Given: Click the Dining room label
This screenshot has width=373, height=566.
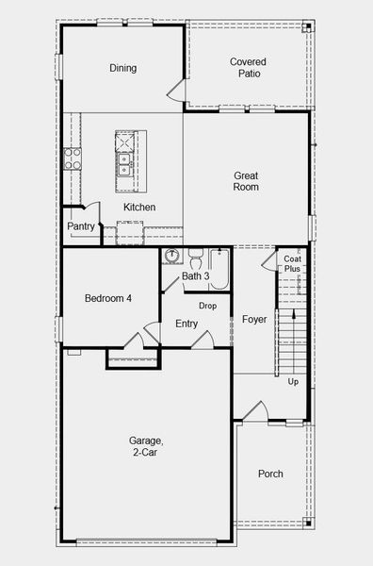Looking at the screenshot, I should coord(122,68).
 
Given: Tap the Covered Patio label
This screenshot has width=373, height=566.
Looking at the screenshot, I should coord(249,68).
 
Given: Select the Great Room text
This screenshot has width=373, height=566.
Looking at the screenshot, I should coord(246,181).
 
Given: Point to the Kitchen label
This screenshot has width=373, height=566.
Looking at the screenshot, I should coord(139,208).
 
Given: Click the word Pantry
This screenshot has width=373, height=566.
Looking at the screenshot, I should coord(80,226).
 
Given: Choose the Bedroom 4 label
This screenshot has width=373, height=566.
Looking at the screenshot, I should coord(108,299).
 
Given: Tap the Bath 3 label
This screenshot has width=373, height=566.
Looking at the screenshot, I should coord(195,276).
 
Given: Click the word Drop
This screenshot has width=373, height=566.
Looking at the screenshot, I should coord(207,307).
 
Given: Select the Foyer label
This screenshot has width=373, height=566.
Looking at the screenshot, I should coord(254,320).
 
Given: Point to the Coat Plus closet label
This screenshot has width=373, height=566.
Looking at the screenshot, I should coord(293,264).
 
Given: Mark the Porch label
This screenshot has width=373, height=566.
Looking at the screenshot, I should coord(270,474).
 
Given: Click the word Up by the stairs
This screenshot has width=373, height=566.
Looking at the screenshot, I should coord(293,382).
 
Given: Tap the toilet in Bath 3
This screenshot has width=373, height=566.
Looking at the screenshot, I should coord(195,256).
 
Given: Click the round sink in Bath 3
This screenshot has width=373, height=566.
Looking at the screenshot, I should coord(172,257).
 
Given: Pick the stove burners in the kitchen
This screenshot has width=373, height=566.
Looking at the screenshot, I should coord(72,158).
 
